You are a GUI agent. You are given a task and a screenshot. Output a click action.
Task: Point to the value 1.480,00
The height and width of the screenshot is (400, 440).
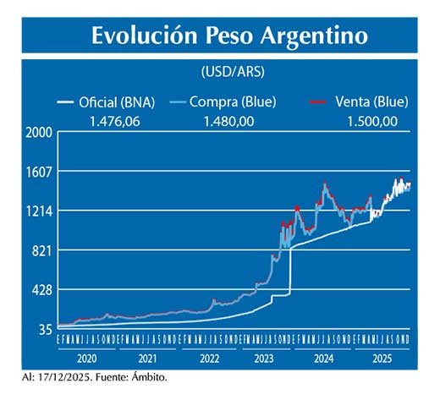[228, 122]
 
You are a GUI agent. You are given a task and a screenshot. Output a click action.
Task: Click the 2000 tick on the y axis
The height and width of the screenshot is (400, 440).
[40, 132]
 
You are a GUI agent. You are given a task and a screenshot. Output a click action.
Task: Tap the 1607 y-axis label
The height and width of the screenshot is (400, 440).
[40, 172]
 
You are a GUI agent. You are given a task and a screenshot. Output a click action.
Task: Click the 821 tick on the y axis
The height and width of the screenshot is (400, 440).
[42, 250]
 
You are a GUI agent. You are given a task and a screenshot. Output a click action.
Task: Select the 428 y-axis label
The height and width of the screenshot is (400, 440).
[42, 290]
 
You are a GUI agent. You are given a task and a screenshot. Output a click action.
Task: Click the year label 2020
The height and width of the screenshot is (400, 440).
[86, 359]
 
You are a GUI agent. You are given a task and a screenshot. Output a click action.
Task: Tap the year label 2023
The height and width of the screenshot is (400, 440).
[264, 359]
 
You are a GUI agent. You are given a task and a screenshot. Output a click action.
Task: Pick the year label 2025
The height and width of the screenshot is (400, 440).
[382, 359]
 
